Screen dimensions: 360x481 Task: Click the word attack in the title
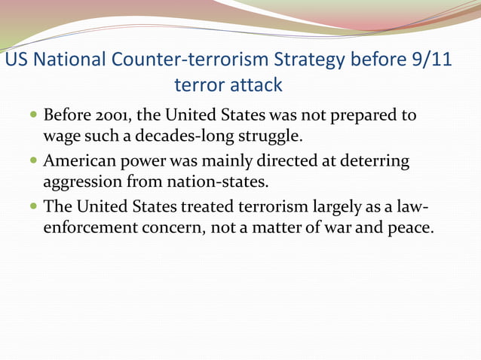(257, 85)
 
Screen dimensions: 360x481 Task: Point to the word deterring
(369, 162)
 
